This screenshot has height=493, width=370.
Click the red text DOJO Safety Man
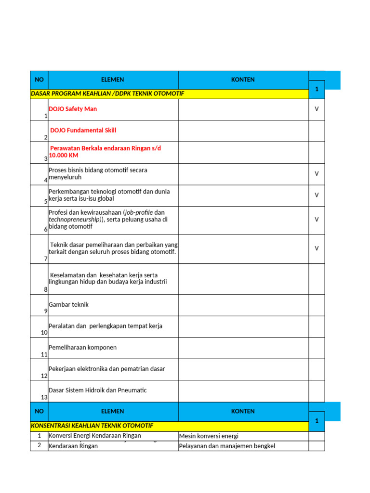[73, 109]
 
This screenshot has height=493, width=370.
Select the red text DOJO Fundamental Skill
[83, 130]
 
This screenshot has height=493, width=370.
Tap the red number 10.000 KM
[64, 156]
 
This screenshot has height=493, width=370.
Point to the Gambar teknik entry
[69, 305]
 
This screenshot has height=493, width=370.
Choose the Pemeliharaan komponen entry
[83, 348]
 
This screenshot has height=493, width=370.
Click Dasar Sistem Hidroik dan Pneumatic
[98, 390]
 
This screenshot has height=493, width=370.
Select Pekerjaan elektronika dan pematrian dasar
[107, 369]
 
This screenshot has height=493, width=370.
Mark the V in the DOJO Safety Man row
[317, 109]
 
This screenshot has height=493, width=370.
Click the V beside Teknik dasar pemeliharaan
[317, 248]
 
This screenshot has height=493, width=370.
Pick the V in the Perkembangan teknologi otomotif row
[317, 195]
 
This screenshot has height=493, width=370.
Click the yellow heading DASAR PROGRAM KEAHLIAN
[107, 93]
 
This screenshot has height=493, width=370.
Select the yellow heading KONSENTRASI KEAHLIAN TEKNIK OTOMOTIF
[92, 426]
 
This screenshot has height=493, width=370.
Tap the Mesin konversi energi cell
[209, 436]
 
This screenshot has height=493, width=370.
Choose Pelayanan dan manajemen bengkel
[227, 446]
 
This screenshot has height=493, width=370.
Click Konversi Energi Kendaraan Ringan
[95, 436]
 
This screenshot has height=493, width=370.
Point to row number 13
[44, 398]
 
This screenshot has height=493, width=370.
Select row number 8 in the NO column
[46, 290]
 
